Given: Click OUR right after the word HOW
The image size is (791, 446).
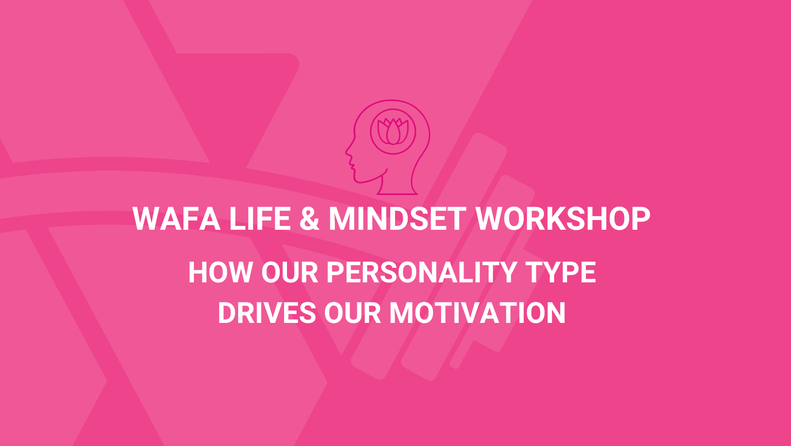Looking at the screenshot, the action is pos(289,272).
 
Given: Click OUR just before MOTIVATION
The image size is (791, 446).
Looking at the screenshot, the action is pos(353,313).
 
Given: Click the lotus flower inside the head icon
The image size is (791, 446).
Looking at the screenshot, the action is pos(393,131).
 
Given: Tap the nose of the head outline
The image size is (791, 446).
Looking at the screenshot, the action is pos(347,153).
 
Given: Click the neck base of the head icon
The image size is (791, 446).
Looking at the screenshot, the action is pos(397,194).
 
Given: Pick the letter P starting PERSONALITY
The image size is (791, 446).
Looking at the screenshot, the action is pos(336,272).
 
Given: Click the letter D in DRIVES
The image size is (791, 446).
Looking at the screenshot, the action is pos(227,313).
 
